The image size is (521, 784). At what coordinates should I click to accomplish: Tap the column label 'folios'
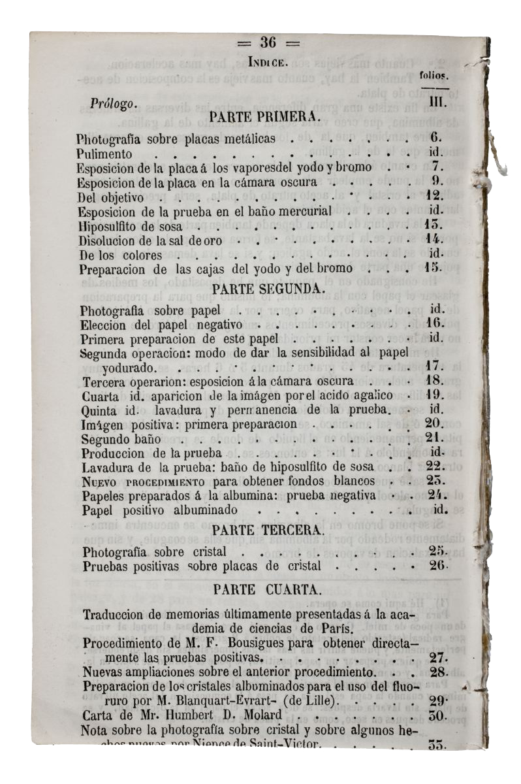[432, 76]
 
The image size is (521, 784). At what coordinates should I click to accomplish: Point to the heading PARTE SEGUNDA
[268, 288]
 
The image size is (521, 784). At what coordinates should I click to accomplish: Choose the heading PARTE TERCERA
[268, 530]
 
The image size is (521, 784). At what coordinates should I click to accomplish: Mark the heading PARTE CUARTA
[268, 589]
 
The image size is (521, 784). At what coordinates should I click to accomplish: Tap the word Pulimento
[104, 155]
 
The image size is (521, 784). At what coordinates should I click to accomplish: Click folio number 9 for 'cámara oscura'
[437, 181]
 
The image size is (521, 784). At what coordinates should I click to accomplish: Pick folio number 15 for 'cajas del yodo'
[434, 268]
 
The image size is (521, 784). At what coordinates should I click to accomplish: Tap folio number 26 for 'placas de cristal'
[436, 566]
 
